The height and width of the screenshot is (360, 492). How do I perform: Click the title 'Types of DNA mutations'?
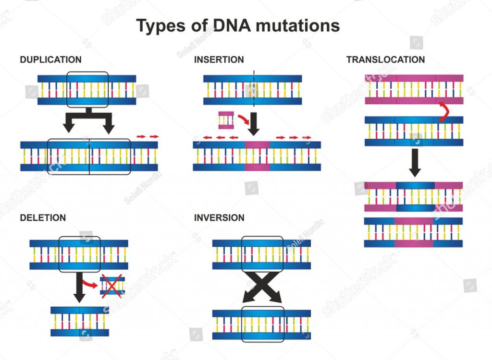(238, 25)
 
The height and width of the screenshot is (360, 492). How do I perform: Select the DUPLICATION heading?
(50, 60)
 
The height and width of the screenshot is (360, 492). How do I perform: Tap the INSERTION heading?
(219, 60)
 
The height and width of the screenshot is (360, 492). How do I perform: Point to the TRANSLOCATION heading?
(385, 60)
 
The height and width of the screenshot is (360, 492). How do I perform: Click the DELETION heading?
(43, 218)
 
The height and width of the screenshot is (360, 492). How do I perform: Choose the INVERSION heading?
(219, 218)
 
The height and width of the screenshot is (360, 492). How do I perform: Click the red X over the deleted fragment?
(111, 287)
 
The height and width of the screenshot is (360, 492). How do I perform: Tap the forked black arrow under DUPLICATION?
(89, 120)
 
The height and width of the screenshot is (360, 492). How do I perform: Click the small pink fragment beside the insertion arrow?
(226, 120)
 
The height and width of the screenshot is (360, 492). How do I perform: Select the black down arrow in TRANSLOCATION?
(414, 163)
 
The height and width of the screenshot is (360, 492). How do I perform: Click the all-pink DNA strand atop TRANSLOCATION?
(414, 89)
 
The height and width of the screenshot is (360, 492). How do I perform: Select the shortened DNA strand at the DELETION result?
(80, 321)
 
